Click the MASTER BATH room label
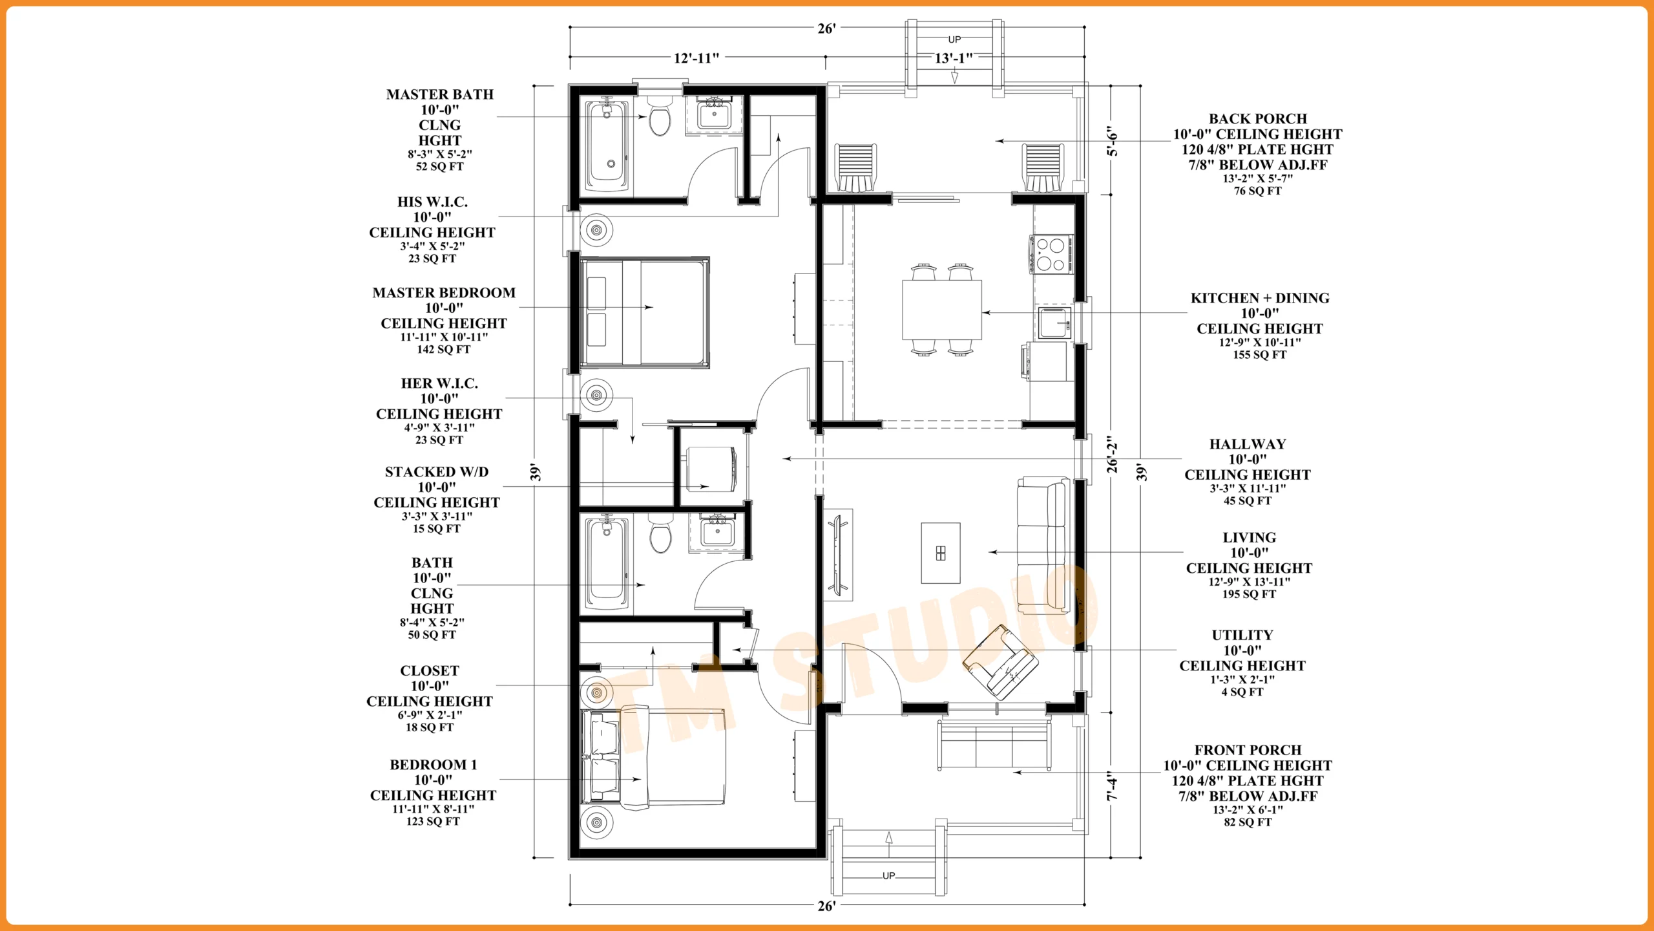tap(440, 94)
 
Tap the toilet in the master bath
tap(660, 116)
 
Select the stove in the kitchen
tap(1051, 254)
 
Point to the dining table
tap(942, 310)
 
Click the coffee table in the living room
tap(941, 553)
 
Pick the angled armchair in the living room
tap(1000, 662)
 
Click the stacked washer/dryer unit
tap(711, 469)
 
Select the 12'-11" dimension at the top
tap(696, 58)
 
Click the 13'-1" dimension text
tap(954, 58)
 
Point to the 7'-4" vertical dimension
tap(1112, 786)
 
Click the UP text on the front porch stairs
tap(889, 875)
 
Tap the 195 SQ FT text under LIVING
tap(1249, 594)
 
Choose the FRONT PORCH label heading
tap(1248, 750)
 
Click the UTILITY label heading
tap(1242, 635)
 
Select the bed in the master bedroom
tap(645, 312)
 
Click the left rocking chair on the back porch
tap(855, 167)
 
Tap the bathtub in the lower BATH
tap(607, 562)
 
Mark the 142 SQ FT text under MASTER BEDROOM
tap(444, 350)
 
